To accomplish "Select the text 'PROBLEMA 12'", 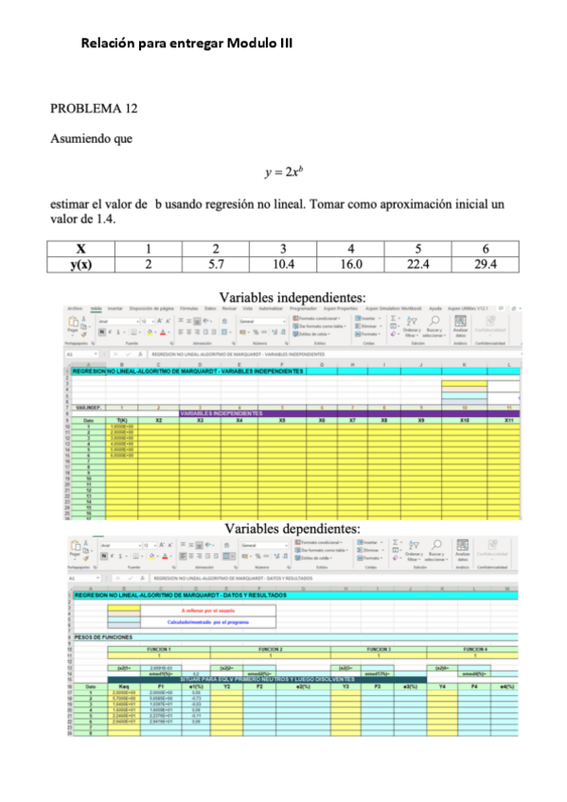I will pos(94,109).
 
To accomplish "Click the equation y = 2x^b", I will pos(283,172).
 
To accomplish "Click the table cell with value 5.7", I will pos(215,263).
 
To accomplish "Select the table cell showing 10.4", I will pos(283,263).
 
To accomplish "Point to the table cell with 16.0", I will pos(350,263).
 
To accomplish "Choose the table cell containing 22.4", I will pos(417,263).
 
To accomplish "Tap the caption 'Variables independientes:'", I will pos(292,298).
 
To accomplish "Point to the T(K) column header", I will pos(121,420).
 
